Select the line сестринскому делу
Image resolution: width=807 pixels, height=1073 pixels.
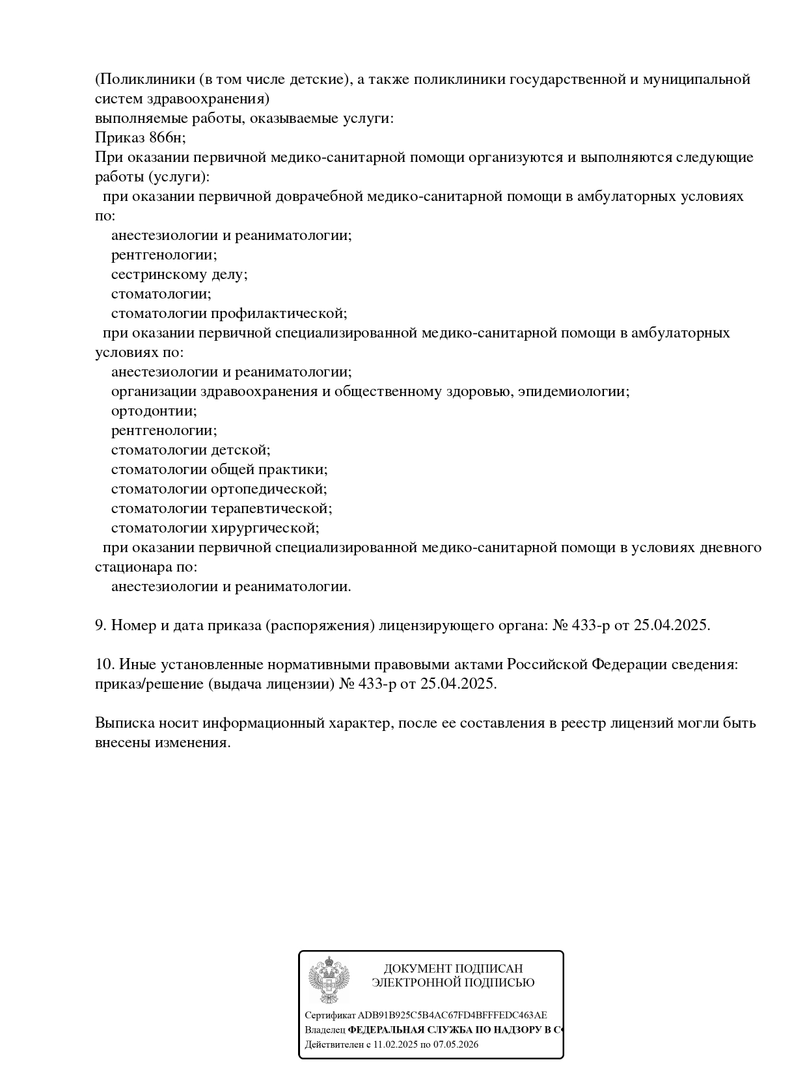179,274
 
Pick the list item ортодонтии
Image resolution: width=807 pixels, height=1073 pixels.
154,411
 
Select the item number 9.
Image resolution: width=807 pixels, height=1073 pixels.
100,626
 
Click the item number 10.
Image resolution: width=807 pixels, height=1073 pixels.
104,665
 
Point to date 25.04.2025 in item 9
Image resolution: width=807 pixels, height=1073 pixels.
671,626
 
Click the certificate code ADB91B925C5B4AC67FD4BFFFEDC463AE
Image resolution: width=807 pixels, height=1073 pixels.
452,1015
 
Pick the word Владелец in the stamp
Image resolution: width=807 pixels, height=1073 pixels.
325,1030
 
